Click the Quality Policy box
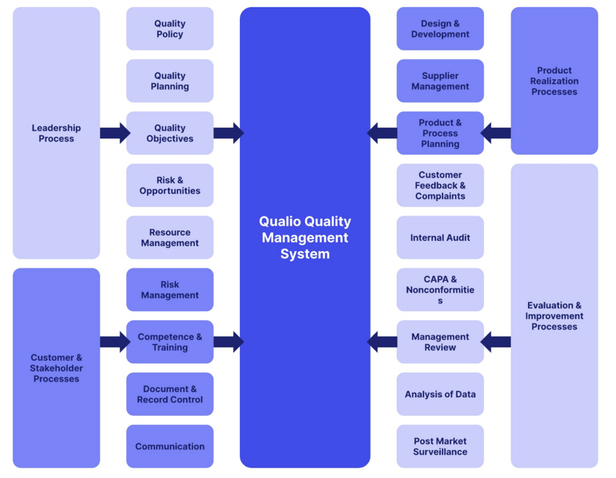(x=169, y=29)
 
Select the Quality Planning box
(x=169, y=81)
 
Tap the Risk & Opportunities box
(x=169, y=185)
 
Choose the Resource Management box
(x=169, y=238)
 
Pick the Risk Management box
(x=169, y=290)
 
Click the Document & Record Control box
(x=169, y=394)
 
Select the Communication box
(x=169, y=446)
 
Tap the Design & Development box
(x=440, y=29)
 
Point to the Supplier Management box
(x=440, y=81)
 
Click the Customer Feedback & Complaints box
(x=440, y=185)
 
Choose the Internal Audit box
(x=440, y=238)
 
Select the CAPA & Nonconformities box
(x=440, y=290)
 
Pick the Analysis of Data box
(x=440, y=394)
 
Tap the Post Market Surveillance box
(x=440, y=446)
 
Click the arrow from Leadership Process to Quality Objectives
(x=115, y=133)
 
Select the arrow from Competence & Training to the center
(x=229, y=342)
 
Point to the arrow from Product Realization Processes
(x=495, y=133)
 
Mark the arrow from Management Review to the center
(x=382, y=342)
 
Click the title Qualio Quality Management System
(x=305, y=238)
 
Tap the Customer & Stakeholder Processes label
(x=56, y=368)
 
